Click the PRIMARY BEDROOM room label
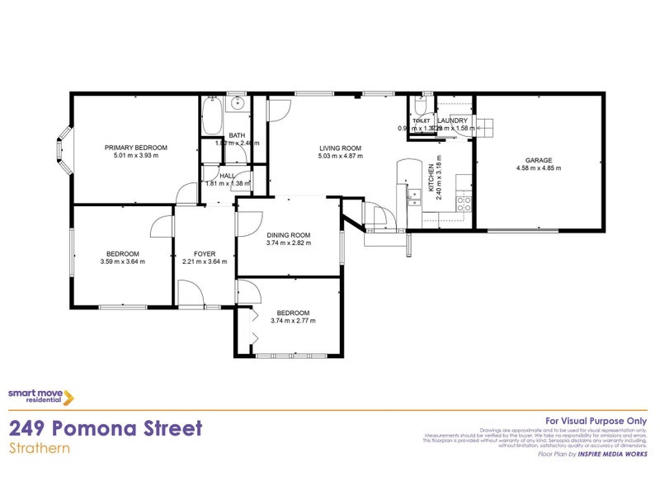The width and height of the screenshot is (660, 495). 135,147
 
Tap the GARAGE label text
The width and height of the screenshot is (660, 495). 539,160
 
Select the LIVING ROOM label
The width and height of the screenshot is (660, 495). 341,148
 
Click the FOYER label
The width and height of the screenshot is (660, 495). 204,253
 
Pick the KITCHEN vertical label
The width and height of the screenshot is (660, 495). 431,177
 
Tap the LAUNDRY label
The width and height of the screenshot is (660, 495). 453,120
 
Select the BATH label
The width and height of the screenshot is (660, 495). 237,135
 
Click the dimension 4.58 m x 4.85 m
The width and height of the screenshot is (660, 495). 539,168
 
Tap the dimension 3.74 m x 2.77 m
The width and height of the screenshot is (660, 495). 293,321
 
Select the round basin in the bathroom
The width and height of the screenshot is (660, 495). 237,104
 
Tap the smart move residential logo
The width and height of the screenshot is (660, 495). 41,397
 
